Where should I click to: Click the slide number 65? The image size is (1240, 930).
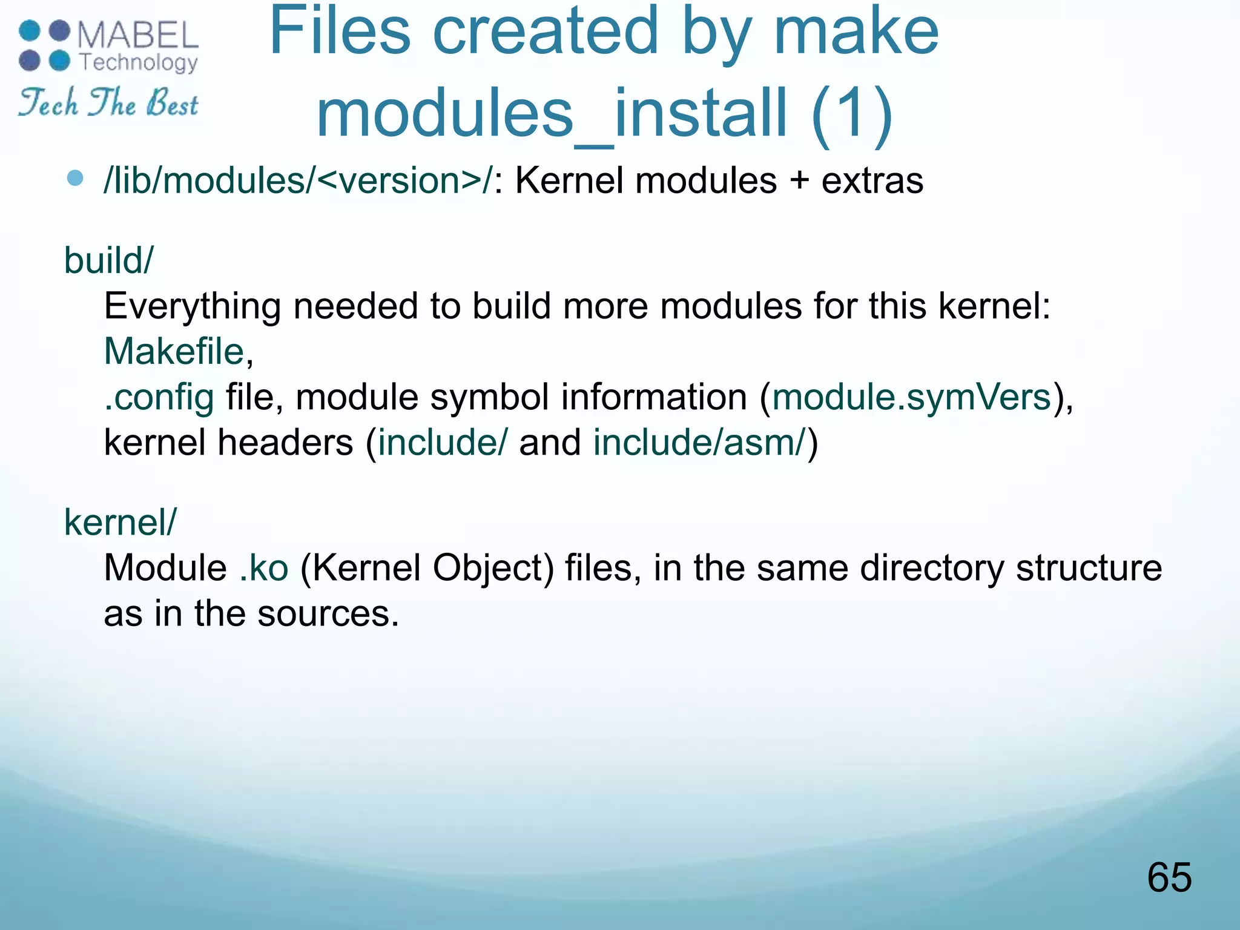tap(1169, 877)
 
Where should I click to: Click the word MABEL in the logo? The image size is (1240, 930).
tap(138, 35)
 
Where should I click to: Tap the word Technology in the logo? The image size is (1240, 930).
tap(139, 62)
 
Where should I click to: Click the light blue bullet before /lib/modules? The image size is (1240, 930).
tap(75, 178)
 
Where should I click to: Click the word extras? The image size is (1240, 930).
tap(872, 180)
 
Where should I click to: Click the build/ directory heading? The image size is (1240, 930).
tap(109, 260)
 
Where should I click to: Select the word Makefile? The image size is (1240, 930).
tap(174, 351)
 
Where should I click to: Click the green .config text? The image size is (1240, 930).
tap(159, 398)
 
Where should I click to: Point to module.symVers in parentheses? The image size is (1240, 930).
tap(911, 397)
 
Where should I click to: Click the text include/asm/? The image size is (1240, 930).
tap(700, 443)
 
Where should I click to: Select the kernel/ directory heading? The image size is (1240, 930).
tap(120, 522)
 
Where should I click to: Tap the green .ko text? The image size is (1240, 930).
tap(264, 568)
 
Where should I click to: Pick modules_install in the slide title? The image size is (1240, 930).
tap(551, 113)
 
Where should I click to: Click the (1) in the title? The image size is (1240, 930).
tap(852, 113)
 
